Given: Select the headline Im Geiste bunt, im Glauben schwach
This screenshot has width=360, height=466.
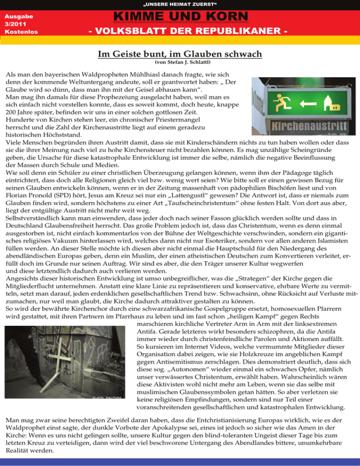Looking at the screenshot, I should point(180,54).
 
